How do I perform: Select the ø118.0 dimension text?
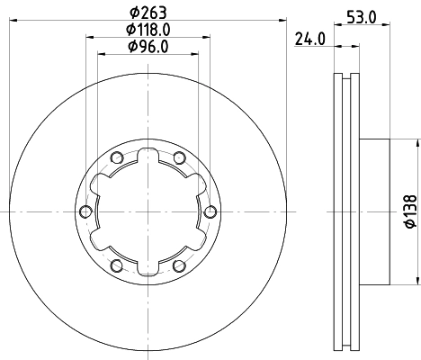coord(148,30)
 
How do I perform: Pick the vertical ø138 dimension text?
coord(408,211)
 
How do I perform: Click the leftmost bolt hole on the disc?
coord(85,211)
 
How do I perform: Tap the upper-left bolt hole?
coord(116,158)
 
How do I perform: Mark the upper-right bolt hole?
coord(179,158)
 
